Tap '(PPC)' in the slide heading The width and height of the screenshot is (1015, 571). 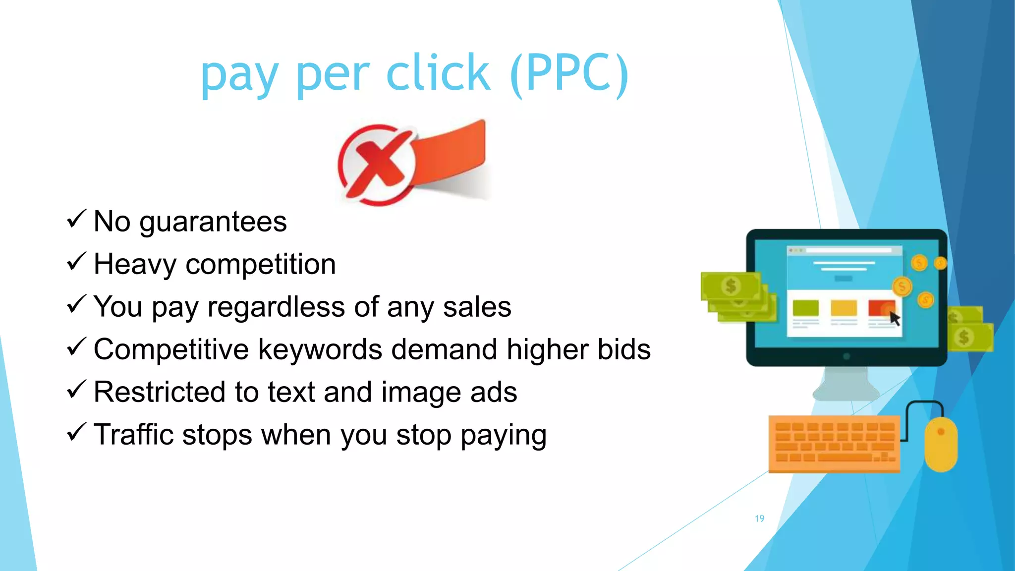569,74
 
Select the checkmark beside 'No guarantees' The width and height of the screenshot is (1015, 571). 76,219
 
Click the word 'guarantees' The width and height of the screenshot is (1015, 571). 213,222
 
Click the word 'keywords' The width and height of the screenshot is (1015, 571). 320,349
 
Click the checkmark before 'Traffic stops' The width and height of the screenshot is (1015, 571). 76,432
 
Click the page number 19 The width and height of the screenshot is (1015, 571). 759,518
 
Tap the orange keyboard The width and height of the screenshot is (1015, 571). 834,444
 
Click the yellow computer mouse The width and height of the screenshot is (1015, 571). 941,444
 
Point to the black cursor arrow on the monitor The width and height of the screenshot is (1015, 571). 894,318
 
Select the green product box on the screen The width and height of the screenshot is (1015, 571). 805,308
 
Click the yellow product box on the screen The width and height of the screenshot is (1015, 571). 844,308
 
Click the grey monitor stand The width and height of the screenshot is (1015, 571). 846,384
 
